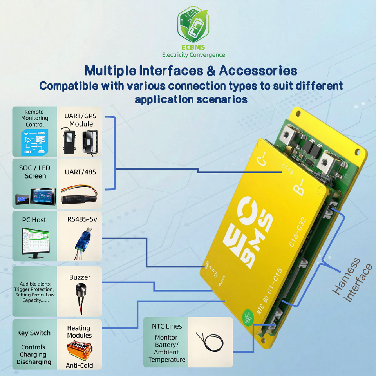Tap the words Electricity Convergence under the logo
(193, 55)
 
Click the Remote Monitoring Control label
(35, 118)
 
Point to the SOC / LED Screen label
(35, 172)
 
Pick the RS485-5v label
(82, 219)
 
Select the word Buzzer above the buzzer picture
(80, 277)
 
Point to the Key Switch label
(34, 333)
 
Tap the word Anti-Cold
(80, 365)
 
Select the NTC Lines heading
(167, 326)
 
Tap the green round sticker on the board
(248, 316)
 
